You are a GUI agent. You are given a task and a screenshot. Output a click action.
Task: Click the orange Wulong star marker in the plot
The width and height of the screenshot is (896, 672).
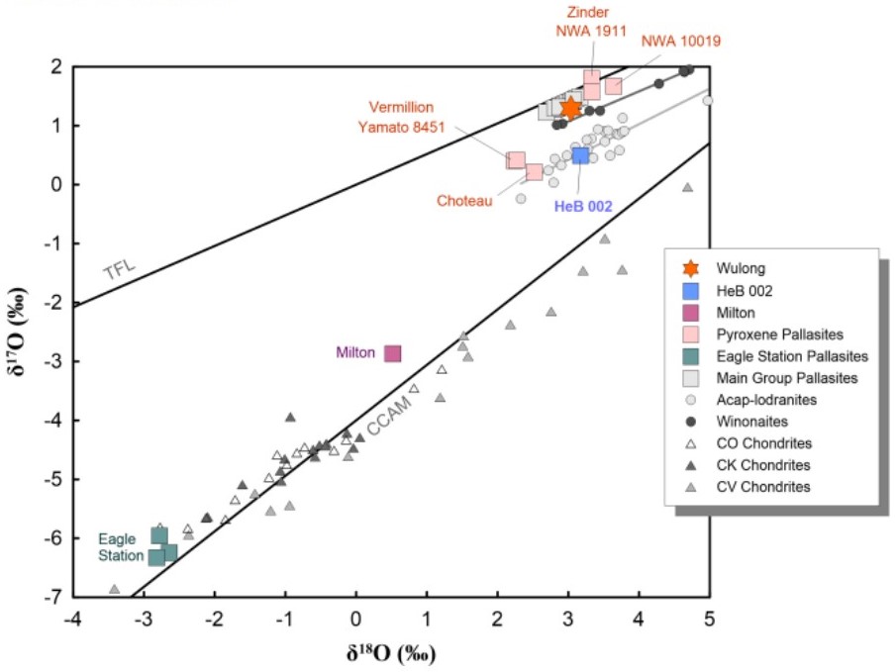point(570,108)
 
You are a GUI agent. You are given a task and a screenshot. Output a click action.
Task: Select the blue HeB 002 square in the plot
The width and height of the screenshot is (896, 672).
point(581,155)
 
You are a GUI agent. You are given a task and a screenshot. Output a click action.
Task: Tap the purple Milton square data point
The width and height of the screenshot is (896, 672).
point(393,353)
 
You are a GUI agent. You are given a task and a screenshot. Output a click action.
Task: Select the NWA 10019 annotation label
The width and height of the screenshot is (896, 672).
point(681,42)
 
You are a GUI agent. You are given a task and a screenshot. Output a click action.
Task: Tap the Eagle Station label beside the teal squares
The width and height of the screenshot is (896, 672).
point(120,547)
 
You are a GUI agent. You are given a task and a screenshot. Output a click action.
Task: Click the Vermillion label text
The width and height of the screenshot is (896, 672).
point(401,107)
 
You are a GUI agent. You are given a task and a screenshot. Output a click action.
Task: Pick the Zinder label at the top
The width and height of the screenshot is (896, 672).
point(586,12)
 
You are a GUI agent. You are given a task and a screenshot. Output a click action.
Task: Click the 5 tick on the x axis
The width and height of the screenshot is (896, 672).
point(709,619)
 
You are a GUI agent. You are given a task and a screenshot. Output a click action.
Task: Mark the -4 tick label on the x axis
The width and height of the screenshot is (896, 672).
point(71,619)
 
